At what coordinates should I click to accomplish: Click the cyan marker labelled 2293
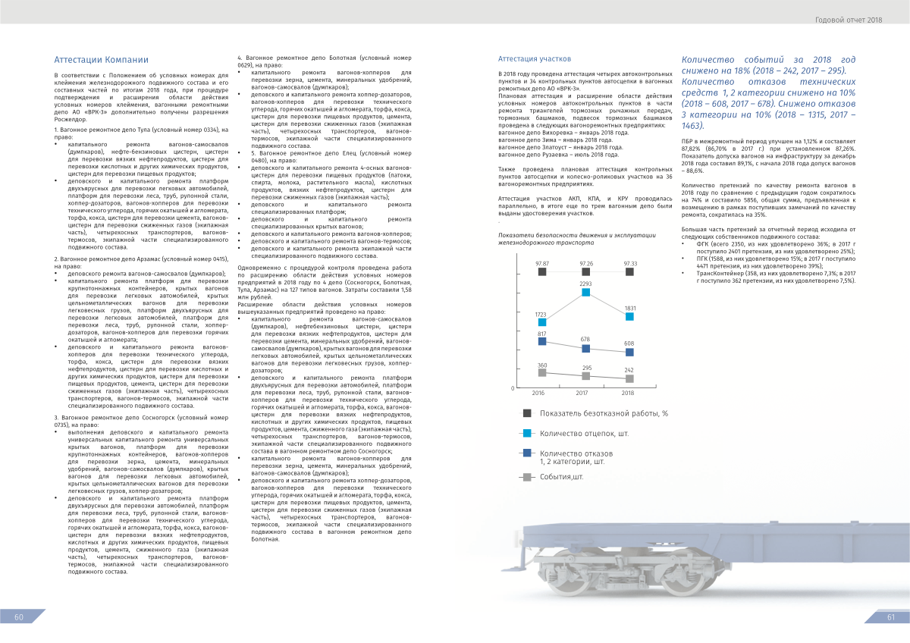(585, 292)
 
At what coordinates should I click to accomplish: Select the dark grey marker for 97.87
(541, 271)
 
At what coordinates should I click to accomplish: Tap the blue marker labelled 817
(541, 341)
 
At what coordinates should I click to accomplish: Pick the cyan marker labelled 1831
(629, 316)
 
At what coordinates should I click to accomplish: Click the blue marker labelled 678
(585, 348)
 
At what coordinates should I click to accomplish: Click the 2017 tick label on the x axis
(582, 393)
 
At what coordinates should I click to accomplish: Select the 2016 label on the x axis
(538, 393)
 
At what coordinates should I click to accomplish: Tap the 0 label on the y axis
(513, 388)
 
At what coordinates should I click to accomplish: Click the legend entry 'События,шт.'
(561, 477)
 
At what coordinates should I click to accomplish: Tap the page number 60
(20, 617)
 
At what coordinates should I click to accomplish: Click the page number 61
(891, 617)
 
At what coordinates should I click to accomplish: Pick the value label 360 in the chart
(541, 366)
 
